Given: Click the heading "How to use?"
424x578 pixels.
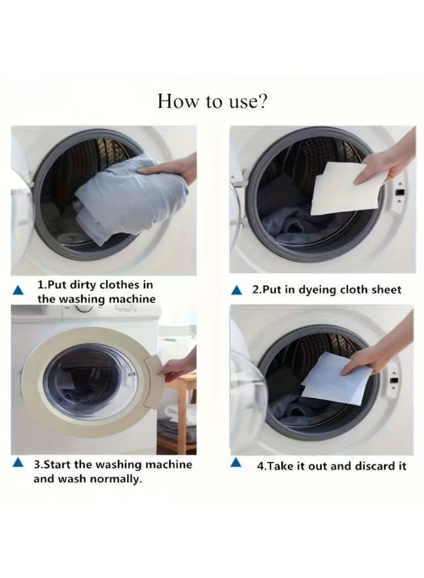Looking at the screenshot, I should [212, 101].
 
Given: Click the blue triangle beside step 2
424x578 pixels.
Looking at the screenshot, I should [238, 290].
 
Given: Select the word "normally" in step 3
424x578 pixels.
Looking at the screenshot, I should [117, 479].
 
